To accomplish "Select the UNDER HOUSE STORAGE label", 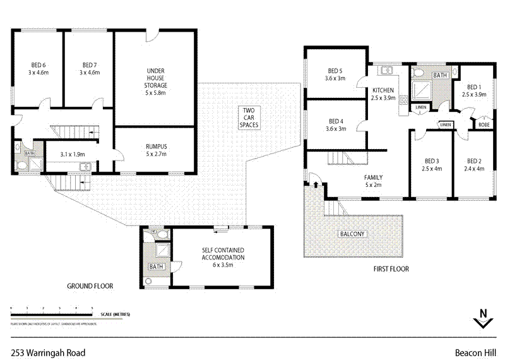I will tap(156, 77).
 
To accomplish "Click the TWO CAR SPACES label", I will tap(249, 118).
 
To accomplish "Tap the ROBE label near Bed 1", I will tap(484, 124).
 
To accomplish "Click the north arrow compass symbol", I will tap(483, 318).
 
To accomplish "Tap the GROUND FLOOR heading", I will tap(90, 286).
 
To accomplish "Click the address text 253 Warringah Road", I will tap(48, 352).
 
